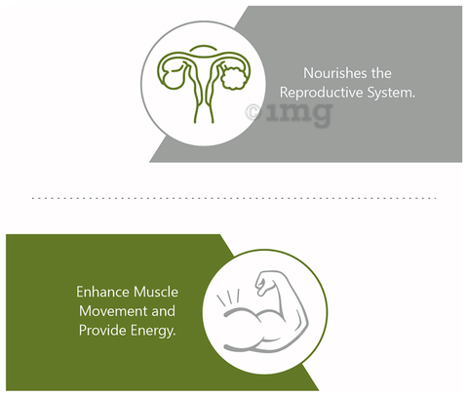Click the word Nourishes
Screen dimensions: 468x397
[334, 73]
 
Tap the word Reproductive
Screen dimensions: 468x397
[321, 93]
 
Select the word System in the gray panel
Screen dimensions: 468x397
[391, 93]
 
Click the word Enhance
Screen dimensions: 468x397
[103, 292]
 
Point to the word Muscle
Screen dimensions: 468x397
[156, 292]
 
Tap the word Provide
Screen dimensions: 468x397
[102, 331]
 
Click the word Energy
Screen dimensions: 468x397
[153, 331]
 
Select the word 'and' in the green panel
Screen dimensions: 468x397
[163, 311]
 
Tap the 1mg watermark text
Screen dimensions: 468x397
[299, 114]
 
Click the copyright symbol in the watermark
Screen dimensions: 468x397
[253, 112]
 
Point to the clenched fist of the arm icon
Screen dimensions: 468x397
[264, 282]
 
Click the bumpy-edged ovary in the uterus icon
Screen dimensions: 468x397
[233, 78]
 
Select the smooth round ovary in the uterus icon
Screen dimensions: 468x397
[173, 79]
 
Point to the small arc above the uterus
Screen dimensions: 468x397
[203, 47]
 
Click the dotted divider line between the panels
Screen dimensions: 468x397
[234, 198]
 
